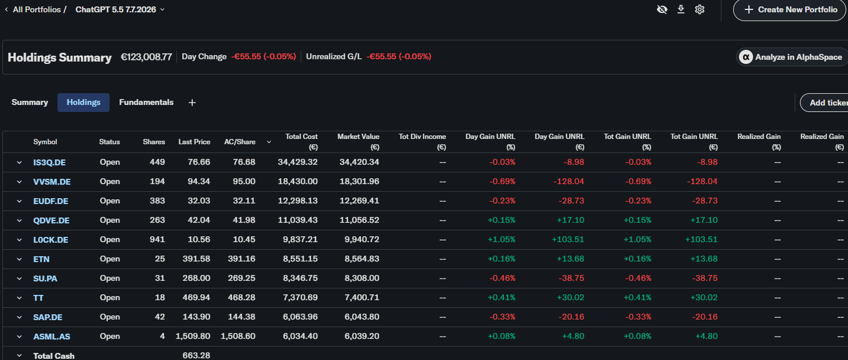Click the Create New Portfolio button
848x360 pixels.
point(790,9)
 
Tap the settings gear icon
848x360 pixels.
point(700,9)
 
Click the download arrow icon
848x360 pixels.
point(680,9)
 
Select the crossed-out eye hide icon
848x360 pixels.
point(662,9)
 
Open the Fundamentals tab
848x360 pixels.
point(146,103)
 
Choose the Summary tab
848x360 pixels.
point(29,103)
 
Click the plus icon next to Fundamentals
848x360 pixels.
point(192,103)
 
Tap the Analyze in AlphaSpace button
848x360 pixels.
point(792,57)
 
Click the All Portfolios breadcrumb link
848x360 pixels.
point(36,9)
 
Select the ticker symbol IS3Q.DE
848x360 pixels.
point(49,162)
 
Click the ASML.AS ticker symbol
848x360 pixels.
point(52,337)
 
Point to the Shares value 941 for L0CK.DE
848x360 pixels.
point(157,239)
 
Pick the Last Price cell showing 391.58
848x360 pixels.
point(196,259)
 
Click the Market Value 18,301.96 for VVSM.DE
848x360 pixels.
point(359,182)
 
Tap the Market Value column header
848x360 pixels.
point(358,142)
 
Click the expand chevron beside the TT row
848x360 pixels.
point(19,298)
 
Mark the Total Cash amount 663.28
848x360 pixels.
point(196,355)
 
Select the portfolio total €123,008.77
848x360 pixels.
point(146,57)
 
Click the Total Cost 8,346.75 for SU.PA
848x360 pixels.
point(300,278)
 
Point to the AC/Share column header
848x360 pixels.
point(240,142)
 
